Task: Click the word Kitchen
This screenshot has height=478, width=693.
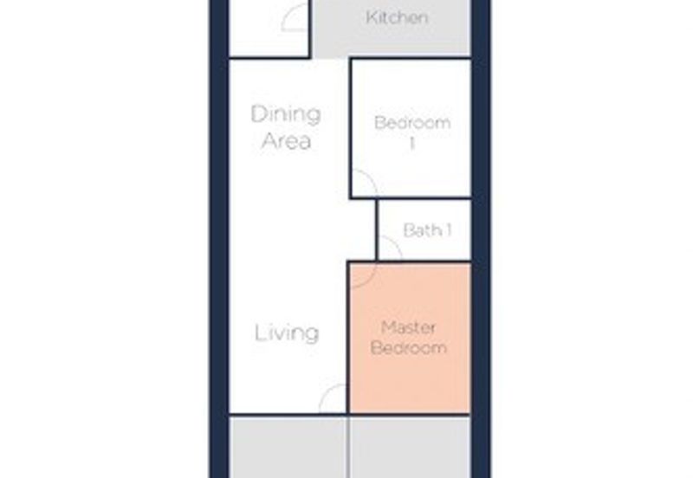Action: [397, 17]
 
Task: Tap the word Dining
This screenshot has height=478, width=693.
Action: [286, 114]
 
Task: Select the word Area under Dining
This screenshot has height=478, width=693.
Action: [287, 141]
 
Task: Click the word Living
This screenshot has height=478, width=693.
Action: [287, 333]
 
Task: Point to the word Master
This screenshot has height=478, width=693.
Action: [408, 327]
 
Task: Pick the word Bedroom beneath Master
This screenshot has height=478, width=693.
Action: [408, 348]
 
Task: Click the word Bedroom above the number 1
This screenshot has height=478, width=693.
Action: [412, 122]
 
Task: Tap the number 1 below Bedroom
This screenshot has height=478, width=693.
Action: [412, 144]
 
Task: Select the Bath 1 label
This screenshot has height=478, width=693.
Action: [427, 230]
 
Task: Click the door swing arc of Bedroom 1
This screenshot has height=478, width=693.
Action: [371, 178]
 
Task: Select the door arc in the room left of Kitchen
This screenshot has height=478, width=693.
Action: [289, 11]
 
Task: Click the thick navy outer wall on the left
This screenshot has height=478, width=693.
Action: [219, 239]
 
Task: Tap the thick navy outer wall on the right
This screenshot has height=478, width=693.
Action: [481, 239]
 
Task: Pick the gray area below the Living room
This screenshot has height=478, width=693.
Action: [288, 447]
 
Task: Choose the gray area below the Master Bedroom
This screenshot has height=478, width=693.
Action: [411, 447]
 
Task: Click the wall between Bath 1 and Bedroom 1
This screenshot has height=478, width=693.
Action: [424, 198]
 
